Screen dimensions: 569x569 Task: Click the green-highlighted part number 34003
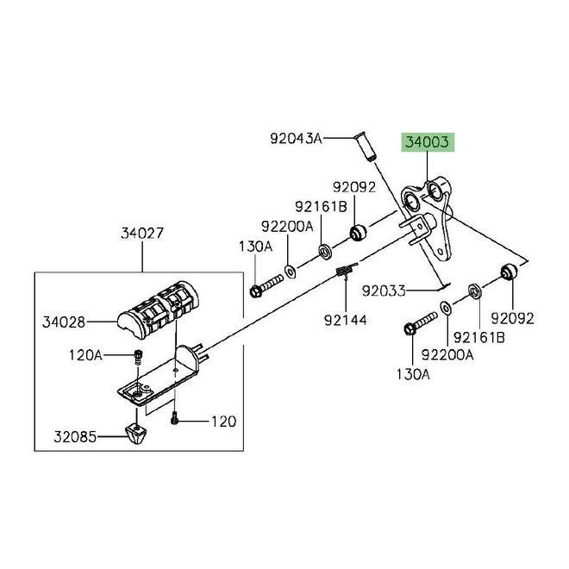pos(427,142)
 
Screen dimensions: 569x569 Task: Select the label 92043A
pos(296,138)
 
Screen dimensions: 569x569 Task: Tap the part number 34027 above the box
pos(142,233)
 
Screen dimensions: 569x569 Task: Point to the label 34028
pos(64,322)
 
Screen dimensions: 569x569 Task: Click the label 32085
pos(75,437)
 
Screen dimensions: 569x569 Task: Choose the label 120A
pos(85,355)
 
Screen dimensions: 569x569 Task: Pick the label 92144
pos(346,320)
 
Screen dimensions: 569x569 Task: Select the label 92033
pos(384,291)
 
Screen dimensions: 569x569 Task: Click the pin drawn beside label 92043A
pos(364,147)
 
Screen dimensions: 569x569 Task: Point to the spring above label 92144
pos(345,270)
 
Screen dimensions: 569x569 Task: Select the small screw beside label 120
pos(174,419)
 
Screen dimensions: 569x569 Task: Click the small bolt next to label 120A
pos(138,357)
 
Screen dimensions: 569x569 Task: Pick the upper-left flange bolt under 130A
pos(266,285)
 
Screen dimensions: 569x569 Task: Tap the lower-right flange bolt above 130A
pos(420,323)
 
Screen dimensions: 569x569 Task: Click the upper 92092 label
pos(354,187)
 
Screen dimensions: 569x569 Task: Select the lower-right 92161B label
pos(479,338)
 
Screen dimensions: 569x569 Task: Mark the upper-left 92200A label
pos(287,227)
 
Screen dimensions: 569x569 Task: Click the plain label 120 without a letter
pos(223,422)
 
